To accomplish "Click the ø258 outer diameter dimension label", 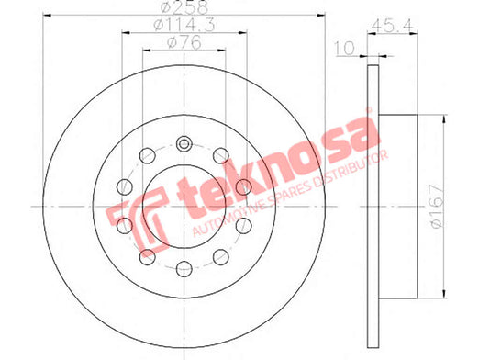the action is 184,6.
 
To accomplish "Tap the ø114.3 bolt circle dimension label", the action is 184,25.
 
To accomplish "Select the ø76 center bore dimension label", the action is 184,42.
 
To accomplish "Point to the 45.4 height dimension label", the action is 392,26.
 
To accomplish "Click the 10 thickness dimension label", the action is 345,48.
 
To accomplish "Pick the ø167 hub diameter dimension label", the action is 437,206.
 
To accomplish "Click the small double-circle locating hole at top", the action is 184,143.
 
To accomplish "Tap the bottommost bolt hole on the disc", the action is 184,269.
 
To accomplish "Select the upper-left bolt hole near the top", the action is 148,155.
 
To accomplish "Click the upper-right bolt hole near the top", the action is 221,155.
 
